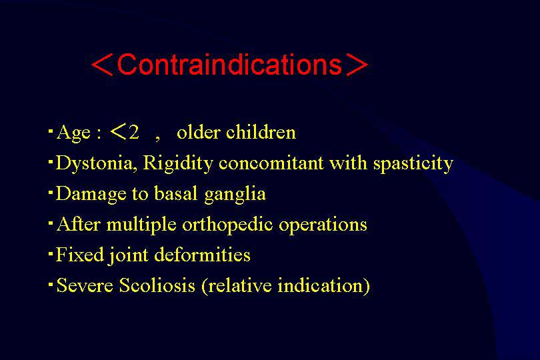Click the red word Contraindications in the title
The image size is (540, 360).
coord(229,65)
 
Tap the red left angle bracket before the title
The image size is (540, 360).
coord(102,65)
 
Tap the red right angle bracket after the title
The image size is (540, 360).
coord(357,65)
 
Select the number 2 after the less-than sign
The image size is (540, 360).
coord(133,132)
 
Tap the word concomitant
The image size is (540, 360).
coord(271,163)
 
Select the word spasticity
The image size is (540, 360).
coord(413,163)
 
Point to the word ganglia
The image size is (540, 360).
coord(235,194)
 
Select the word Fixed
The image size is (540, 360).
coord(80,255)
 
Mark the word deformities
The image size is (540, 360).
coord(202,255)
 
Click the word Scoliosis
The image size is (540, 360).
coord(157,285)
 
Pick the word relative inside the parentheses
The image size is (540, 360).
coord(240,285)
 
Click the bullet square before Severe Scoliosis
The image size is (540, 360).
coord(51,284)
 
